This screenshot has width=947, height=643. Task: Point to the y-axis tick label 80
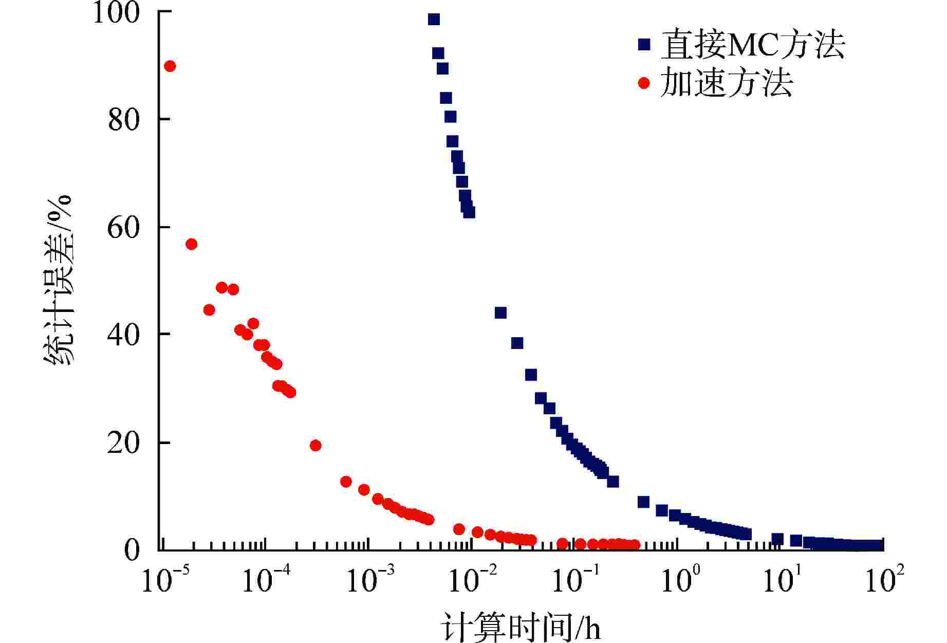click(124, 120)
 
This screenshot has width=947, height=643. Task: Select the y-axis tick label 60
click(124, 227)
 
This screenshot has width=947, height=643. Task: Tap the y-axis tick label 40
click(124, 335)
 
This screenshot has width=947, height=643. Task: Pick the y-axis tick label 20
click(124, 443)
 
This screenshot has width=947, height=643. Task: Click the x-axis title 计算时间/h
click(521, 627)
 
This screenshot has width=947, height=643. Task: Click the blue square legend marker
click(643, 45)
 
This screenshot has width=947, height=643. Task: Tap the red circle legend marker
click(643, 83)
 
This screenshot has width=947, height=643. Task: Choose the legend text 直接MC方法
click(753, 45)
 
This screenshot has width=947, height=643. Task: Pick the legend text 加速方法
click(726, 83)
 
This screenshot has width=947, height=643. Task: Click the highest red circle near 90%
click(170, 66)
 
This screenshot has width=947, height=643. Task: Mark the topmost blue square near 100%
click(434, 20)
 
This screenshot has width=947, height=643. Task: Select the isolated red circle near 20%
click(315, 445)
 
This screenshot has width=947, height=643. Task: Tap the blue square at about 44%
click(500, 313)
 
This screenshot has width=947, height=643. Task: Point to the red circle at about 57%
click(191, 244)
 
